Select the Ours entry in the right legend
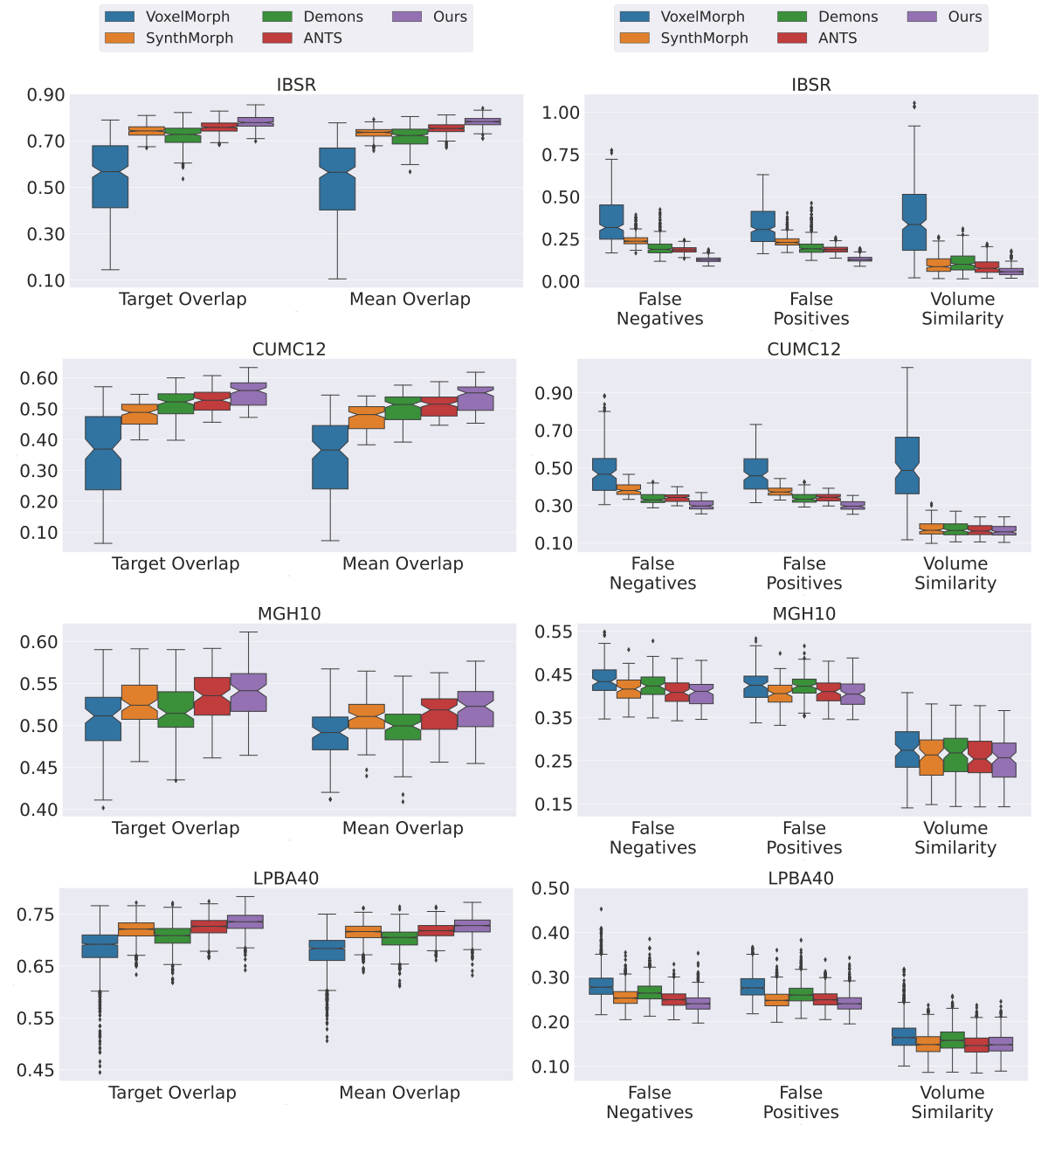[x=947, y=17]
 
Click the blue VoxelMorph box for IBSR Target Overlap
[x=110, y=176]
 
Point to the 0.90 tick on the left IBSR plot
[x=45, y=94]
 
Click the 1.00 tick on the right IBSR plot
[x=560, y=113]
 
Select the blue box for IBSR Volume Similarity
[x=913, y=222]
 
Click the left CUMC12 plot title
[x=289, y=349]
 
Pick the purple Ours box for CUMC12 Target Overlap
[x=249, y=394]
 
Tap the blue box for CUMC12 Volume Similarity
[x=907, y=466]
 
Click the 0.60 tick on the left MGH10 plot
[x=38, y=642]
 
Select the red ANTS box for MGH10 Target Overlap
[x=212, y=696]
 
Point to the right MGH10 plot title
[x=803, y=614]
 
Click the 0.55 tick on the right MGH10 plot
[x=554, y=632]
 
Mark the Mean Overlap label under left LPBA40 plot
[x=399, y=1093]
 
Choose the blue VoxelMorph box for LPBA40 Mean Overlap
[x=327, y=950]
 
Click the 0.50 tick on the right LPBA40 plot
[x=550, y=888]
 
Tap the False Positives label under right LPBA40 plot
[x=800, y=1102]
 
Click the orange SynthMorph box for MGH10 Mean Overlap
[x=366, y=716]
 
